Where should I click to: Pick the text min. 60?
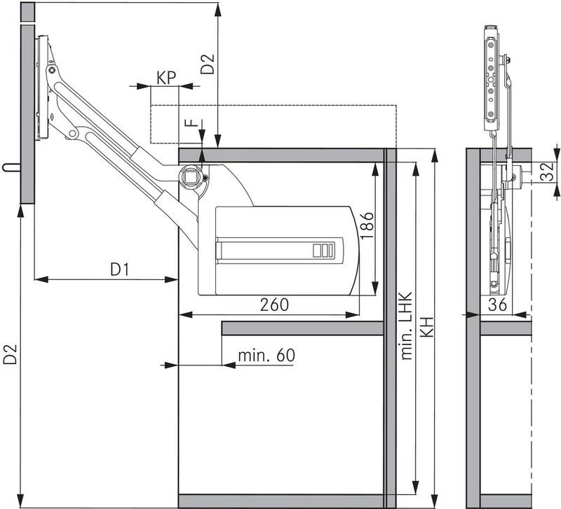click(266, 355)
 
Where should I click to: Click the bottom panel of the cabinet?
click(280, 500)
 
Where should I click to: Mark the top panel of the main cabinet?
click(280, 155)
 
